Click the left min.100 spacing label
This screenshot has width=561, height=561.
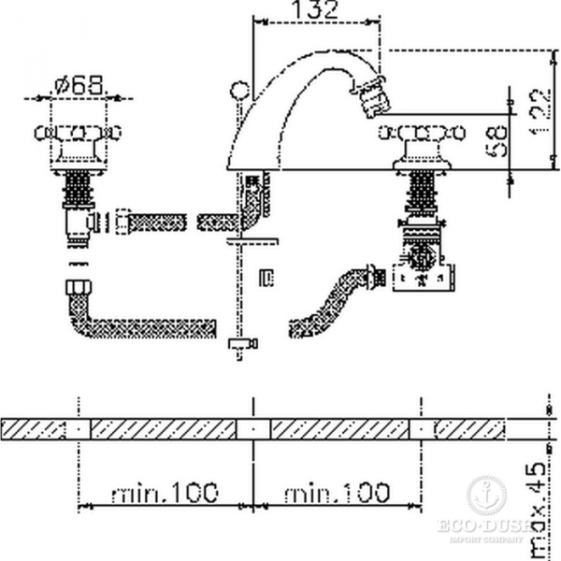tap(164, 490)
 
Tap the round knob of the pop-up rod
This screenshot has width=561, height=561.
tap(240, 92)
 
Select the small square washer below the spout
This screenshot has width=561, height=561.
tap(266, 277)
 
